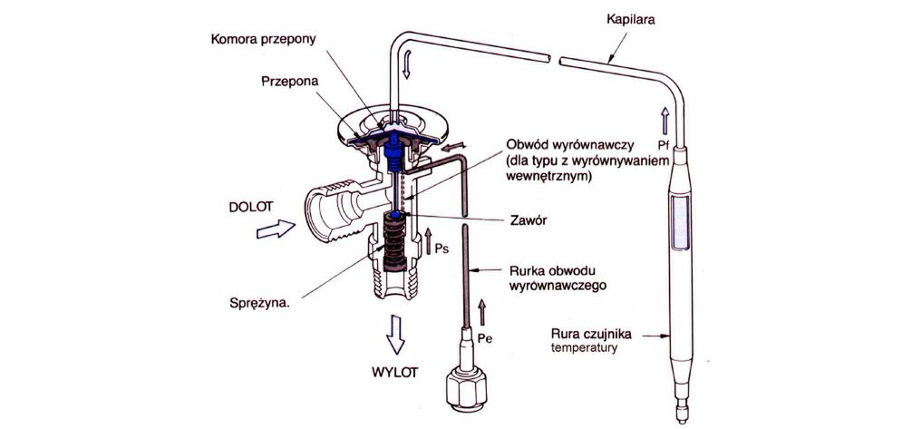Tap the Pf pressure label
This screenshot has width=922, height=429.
665,142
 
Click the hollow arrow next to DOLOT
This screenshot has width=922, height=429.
277,230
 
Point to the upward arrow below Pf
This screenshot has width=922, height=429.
665,115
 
